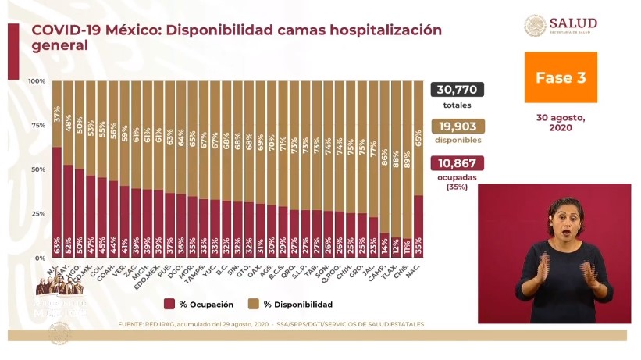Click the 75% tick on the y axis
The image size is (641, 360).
coord(36,125)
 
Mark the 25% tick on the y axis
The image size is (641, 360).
coord(36,213)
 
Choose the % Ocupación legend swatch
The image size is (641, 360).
coord(169,304)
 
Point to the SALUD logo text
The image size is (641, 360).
coord(573,23)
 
